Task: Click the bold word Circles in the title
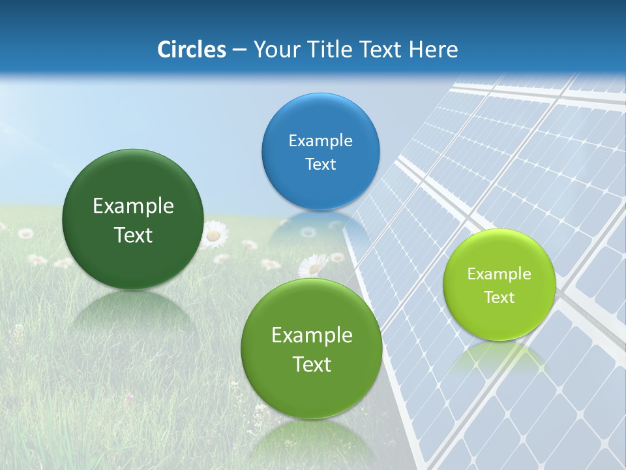coord(192,50)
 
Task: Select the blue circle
coord(320,151)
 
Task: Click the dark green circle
coord(133,219)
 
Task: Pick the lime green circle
coord(499,285)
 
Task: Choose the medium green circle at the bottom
coord(311,349)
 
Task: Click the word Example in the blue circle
coord(320,140)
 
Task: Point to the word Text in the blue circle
coord(320,164)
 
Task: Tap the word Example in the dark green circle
coord(133,206)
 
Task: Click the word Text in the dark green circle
coord(133,235)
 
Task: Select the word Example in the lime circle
coord(499,274)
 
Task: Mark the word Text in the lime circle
coord(499,298)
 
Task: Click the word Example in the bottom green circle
coord(311,336)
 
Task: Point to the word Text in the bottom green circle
coord(311,364)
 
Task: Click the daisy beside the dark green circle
coord(213,234)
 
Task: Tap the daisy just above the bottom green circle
coord(313,266)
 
